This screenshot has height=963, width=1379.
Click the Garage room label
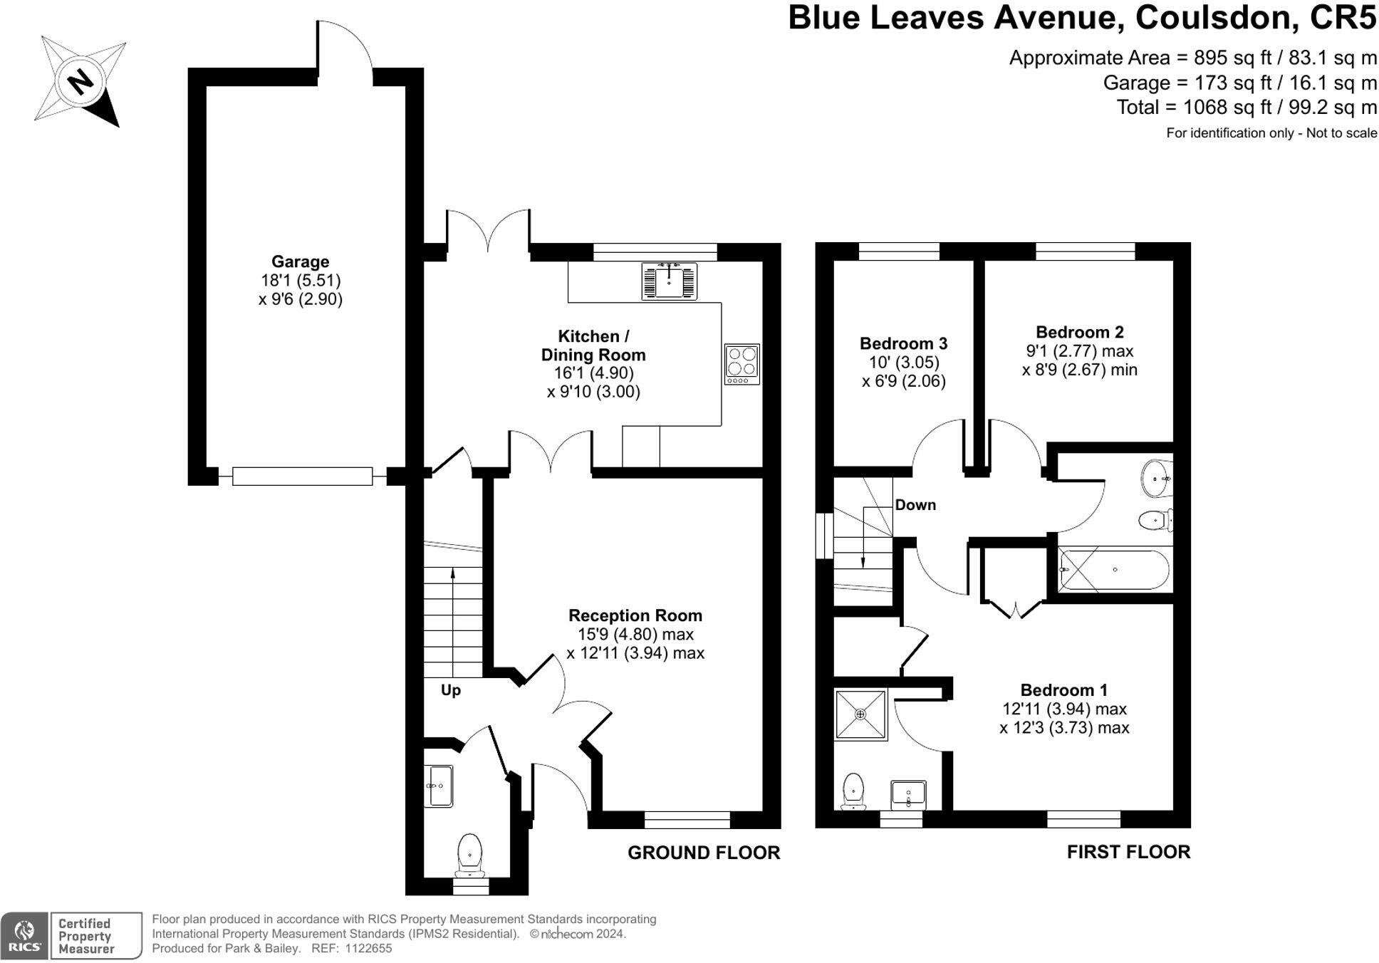click(x=300, y=261)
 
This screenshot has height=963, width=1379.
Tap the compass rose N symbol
click(x=80, y=81)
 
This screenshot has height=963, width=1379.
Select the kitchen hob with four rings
click(x=741, y=364)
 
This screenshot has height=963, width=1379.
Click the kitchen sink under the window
click(x=669, y=281)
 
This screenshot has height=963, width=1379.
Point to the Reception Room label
click(x=635, y=615)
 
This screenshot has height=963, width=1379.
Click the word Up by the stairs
click(x=451, y=690)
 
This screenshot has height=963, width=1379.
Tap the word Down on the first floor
click(x=915, y=505)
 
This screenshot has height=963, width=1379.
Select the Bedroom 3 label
click(x=903, y=343)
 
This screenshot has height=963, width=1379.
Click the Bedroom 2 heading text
click(x=1079, y=332)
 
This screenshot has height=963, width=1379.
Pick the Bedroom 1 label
click(x=1063, y=690)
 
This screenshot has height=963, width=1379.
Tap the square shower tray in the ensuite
click(x=860, y=714)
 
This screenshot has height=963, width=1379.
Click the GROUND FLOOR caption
click(x=704, y=853)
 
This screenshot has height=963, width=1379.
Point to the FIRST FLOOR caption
click(x=1128, y=852)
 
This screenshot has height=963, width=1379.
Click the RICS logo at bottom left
click(x=24, y=935)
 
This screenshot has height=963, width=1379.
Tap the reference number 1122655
click(x=368, y=949)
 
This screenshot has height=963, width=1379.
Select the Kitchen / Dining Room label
click(x=593, y=345)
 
